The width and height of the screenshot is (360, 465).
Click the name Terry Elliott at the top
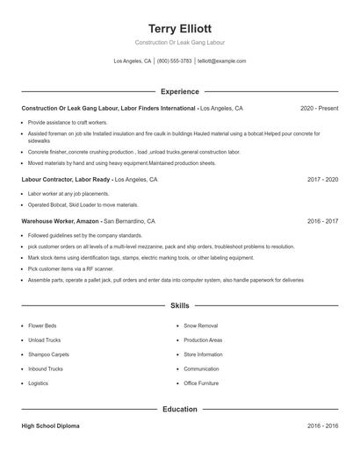(179, 28)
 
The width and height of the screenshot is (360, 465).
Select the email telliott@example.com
(222, 61)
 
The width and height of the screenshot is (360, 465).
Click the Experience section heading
(179, 91)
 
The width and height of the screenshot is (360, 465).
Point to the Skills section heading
(179, 305)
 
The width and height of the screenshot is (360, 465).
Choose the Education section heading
(179, 409)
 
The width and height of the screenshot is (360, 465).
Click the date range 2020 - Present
(319, 108)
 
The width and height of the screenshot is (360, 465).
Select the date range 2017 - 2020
(322, 179)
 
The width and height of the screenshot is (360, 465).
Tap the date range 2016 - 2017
(322, 221)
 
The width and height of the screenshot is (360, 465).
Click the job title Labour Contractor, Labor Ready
(67, 179)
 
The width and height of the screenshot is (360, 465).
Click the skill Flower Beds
(42, 325)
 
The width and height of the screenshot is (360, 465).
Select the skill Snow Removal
(200, 325)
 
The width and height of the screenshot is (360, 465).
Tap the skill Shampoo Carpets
(48, 354)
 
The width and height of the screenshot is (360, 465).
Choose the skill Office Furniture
(201, 383)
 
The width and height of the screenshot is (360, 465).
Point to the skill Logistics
(38, 383)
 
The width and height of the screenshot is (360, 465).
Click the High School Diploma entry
(50, 426)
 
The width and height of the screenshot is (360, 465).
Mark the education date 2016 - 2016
(322, 426)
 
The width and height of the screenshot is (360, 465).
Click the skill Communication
(202, 368)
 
